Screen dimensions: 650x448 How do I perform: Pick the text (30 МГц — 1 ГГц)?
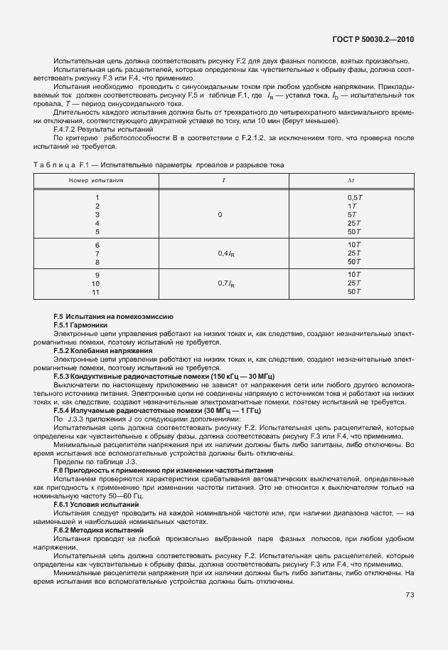(223, 411)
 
